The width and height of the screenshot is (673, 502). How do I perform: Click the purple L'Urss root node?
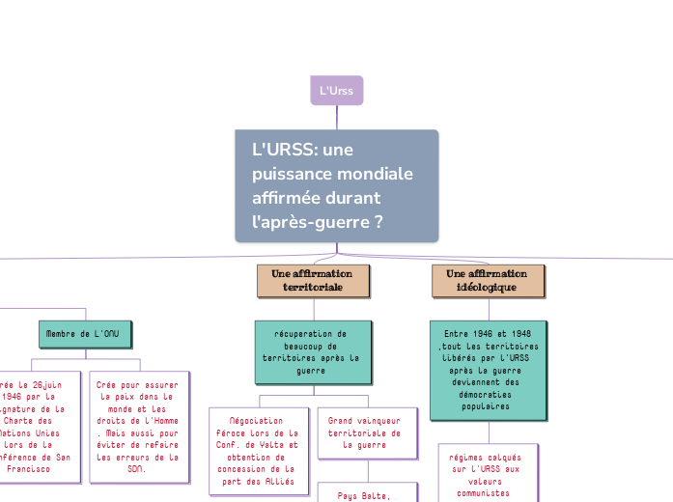(x=336, y=91)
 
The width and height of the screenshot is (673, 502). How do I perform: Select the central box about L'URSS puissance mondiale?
(x=337, y=185)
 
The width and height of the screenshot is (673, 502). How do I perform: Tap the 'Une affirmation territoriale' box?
(x=306, y=281)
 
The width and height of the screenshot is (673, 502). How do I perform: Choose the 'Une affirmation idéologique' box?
(x=488, y=281)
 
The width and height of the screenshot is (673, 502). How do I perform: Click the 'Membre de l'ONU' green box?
(x=86, y=334)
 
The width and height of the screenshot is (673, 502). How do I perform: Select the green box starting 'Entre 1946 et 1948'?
(x=488, y=371)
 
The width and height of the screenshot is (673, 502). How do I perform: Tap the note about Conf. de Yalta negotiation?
(x=258, y=451)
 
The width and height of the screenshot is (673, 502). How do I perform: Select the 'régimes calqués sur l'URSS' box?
(x=488, y=473)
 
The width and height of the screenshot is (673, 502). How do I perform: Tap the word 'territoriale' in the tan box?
(x=306, y=288)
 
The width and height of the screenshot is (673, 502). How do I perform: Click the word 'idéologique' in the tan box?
(x=488, y=288)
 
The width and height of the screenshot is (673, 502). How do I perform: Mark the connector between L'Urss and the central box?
(x=337, y=117)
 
